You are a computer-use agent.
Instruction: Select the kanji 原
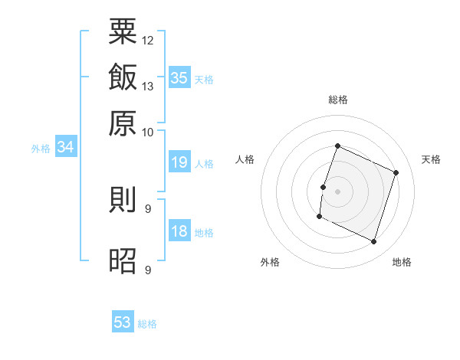[x=123, y=123]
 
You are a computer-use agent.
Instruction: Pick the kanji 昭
[x=123, y=261]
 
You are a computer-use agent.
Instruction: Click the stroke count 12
[x=148, y=40]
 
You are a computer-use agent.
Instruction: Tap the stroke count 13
[x=148, y=86]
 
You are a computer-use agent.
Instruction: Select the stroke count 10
[x=148, y=132]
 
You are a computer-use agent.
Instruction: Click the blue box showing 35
[x=179, y=77]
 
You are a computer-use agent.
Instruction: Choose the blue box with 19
[x=179, y=162]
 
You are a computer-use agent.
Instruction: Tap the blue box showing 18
[x=179, y=231]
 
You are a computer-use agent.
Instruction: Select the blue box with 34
[x=65, y=147]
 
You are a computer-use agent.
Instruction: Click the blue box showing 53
[x=123, y=322]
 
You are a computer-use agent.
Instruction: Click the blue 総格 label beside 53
[x=147, y=324]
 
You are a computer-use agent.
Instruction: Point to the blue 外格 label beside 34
[x=41, y=149]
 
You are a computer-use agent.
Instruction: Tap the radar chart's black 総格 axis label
[x=337, y=100]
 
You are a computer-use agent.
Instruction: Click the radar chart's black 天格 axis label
[x=431, y=159]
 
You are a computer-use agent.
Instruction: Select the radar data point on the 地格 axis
[x=374, y=242]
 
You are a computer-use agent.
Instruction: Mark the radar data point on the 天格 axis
[x=396, y=173]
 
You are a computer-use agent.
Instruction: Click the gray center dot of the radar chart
[x=337, y=191]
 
